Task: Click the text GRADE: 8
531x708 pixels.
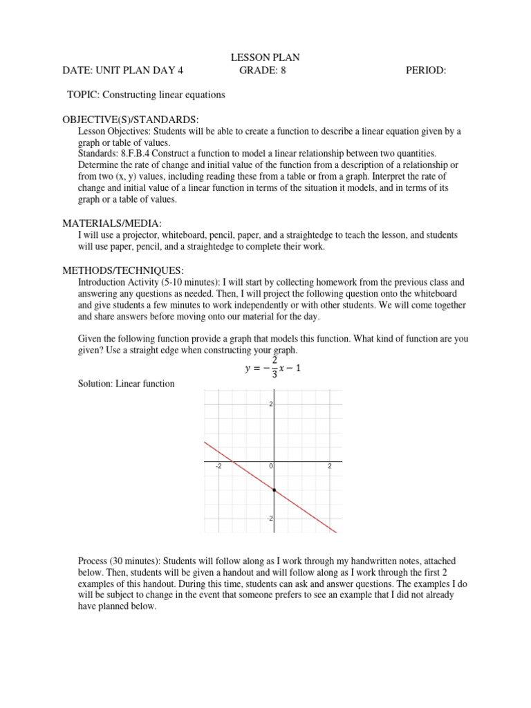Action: (262, 70)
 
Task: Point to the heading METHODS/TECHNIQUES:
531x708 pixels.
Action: (123, 270)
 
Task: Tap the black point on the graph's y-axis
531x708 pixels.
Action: (274, 490)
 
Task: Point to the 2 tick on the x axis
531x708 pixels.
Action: (330, 467)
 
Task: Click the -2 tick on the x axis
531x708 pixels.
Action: (218, 467)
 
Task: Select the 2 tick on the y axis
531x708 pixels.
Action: (271, 404)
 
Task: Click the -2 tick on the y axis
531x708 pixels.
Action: (270, 519)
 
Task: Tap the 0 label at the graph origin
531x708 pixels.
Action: (271, 467)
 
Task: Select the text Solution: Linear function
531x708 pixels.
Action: (126, 383)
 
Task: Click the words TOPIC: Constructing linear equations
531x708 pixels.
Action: (146, 94)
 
